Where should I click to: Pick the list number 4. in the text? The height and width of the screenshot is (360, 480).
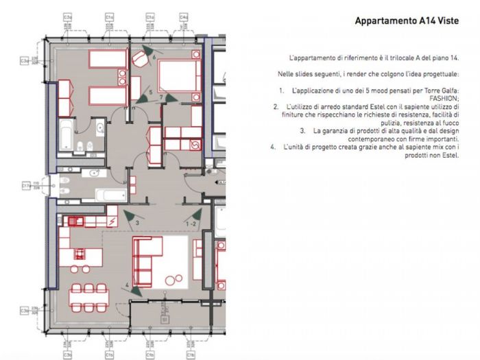point(273,147)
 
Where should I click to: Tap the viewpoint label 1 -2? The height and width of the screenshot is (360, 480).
point(192,224)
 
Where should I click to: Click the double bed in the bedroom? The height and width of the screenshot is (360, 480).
point(180,75)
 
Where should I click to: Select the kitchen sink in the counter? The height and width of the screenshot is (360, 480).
point(73,220)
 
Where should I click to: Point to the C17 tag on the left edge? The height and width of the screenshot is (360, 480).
point(26,185)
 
